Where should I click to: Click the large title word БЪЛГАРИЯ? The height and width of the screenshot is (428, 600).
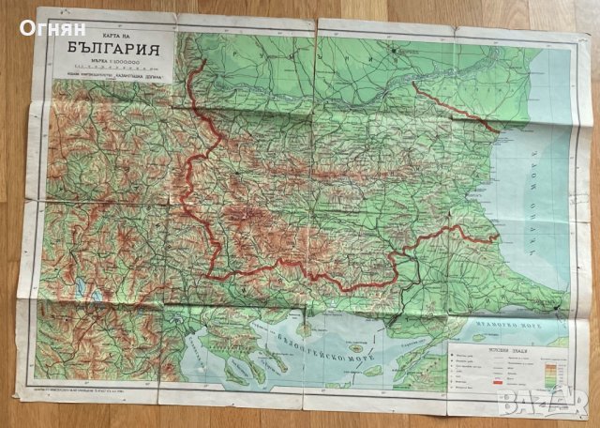(111, 50)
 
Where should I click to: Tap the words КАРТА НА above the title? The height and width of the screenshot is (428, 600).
(109, 34)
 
